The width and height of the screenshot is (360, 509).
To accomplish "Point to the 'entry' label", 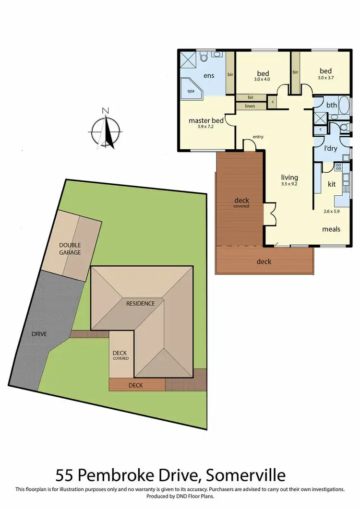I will pos(258,137).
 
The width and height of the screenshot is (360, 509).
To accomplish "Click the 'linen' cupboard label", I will pos(250,106).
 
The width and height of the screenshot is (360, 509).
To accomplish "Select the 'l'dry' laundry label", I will pos(331,149).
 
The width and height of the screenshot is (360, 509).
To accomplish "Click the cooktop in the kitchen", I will pos(338,167).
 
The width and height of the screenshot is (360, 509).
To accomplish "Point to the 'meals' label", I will pos(331,229).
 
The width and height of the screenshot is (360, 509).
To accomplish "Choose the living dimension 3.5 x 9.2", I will pos(289,184).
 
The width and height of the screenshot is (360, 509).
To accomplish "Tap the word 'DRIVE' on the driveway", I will pos(39,333).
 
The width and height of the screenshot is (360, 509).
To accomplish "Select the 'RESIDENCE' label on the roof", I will pos(141,303).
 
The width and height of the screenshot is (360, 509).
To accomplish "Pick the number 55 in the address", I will pos(65,475).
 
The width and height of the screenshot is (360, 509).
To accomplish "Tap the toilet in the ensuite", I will pos(204,58).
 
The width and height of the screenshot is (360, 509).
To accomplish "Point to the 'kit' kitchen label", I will pos(331,184).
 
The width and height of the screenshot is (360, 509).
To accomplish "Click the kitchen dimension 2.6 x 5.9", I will pos(331,211).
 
